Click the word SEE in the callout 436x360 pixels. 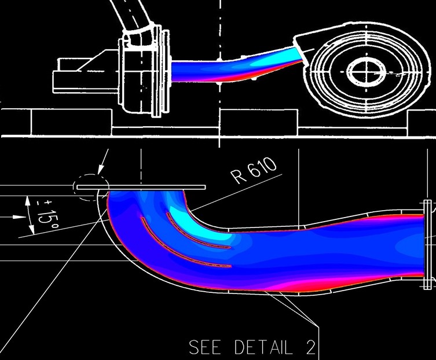(x=205, y=347)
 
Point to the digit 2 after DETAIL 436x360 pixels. (x=311, y=347)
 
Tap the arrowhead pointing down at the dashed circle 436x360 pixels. (x=101, y=170)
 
